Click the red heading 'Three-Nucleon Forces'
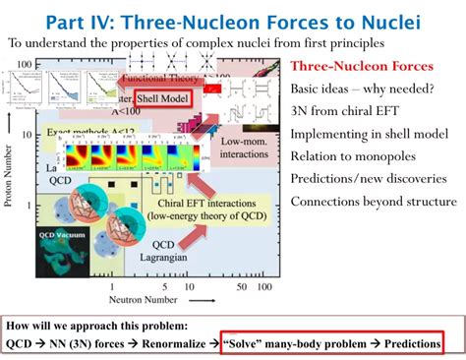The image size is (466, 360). [362, 66]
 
